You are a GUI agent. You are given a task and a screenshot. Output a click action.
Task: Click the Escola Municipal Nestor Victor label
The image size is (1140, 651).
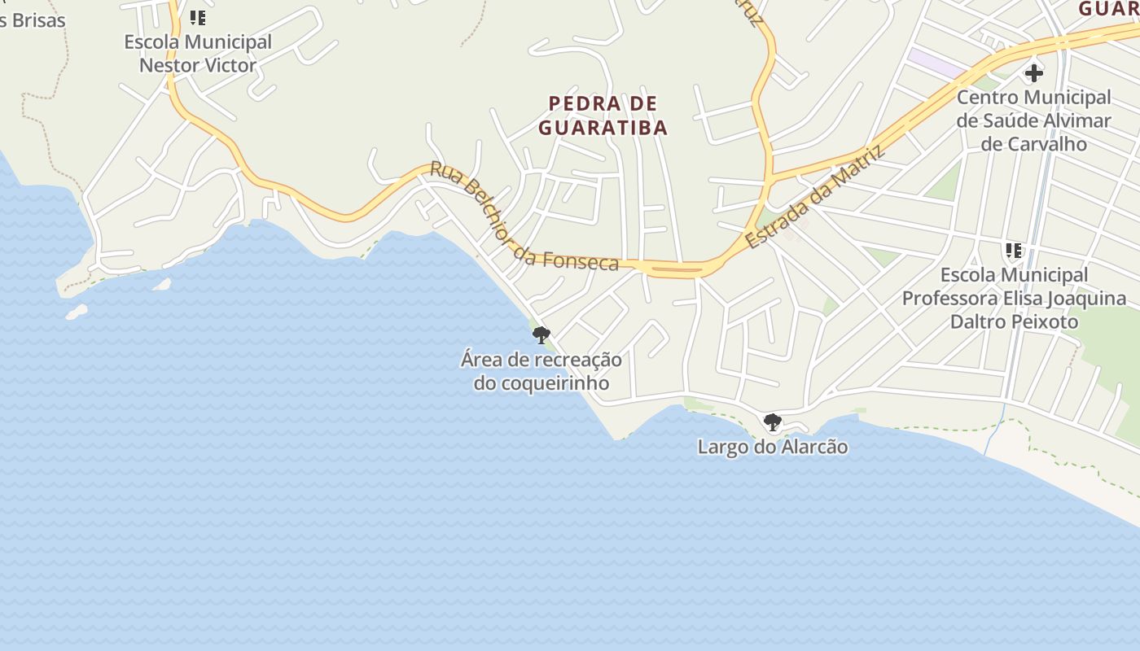point(198,53)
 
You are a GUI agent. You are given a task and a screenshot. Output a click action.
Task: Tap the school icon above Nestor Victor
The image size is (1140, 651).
point(198,17)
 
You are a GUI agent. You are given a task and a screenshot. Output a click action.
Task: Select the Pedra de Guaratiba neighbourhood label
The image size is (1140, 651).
point(603,116)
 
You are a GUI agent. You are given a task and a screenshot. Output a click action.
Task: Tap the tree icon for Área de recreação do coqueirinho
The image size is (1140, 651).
point(541,334)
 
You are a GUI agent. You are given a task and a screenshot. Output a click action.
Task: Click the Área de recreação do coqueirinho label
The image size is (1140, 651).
point(541,371)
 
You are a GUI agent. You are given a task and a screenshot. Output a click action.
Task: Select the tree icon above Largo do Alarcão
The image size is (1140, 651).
point(772,422)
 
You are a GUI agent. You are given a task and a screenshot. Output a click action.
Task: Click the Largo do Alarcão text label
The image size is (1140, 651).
point(773,447)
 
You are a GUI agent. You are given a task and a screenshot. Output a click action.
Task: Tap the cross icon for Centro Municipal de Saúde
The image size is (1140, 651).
point(1033,73)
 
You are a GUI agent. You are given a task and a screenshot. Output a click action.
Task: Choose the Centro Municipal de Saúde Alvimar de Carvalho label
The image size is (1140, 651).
point(1033,120)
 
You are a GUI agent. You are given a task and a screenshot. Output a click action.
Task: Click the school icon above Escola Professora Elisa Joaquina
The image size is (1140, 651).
point(1014,251)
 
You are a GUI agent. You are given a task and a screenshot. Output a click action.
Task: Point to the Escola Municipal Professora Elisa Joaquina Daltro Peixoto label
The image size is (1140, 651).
point(1014,298)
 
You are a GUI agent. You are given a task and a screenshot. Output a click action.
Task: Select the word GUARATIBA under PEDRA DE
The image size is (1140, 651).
point(603,128)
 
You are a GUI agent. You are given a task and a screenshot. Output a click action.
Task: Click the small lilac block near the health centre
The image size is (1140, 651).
point(936,63)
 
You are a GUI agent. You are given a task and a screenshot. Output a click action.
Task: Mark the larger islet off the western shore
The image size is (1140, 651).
point(77,312)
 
